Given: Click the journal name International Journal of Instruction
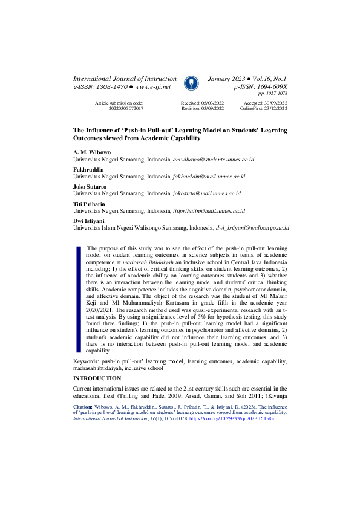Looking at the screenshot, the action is point(125,79).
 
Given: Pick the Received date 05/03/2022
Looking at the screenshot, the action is point(211,103).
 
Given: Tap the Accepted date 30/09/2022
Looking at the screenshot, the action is point(275,103).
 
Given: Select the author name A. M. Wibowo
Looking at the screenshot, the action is point(90,152).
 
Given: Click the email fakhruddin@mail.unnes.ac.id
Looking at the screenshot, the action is point(209,176).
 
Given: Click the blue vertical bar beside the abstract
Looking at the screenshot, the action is point(77,299).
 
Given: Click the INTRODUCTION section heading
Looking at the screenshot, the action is point(97,378).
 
